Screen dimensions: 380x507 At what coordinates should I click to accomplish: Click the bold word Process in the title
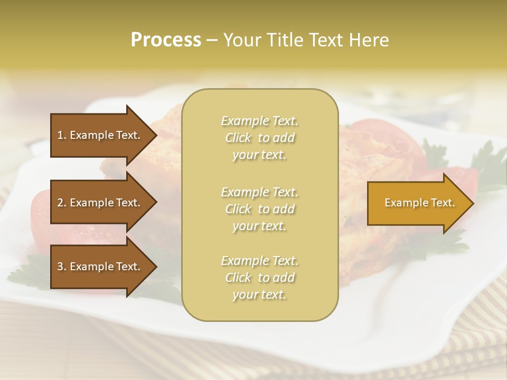[166, 40]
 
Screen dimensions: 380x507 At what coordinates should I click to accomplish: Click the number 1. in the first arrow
[62, 135]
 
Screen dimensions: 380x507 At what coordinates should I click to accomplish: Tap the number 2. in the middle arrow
[62, 203]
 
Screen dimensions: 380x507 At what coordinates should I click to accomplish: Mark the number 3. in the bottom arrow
[62, 267]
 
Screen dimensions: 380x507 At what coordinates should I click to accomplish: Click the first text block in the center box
[259, 138]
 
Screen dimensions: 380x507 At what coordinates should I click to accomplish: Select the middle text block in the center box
[259, 209]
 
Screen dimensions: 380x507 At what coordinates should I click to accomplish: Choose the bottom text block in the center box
[259, 278]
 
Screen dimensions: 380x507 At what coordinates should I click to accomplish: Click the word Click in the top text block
[238, 138]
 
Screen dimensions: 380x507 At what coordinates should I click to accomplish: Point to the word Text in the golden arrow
[443, 203]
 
